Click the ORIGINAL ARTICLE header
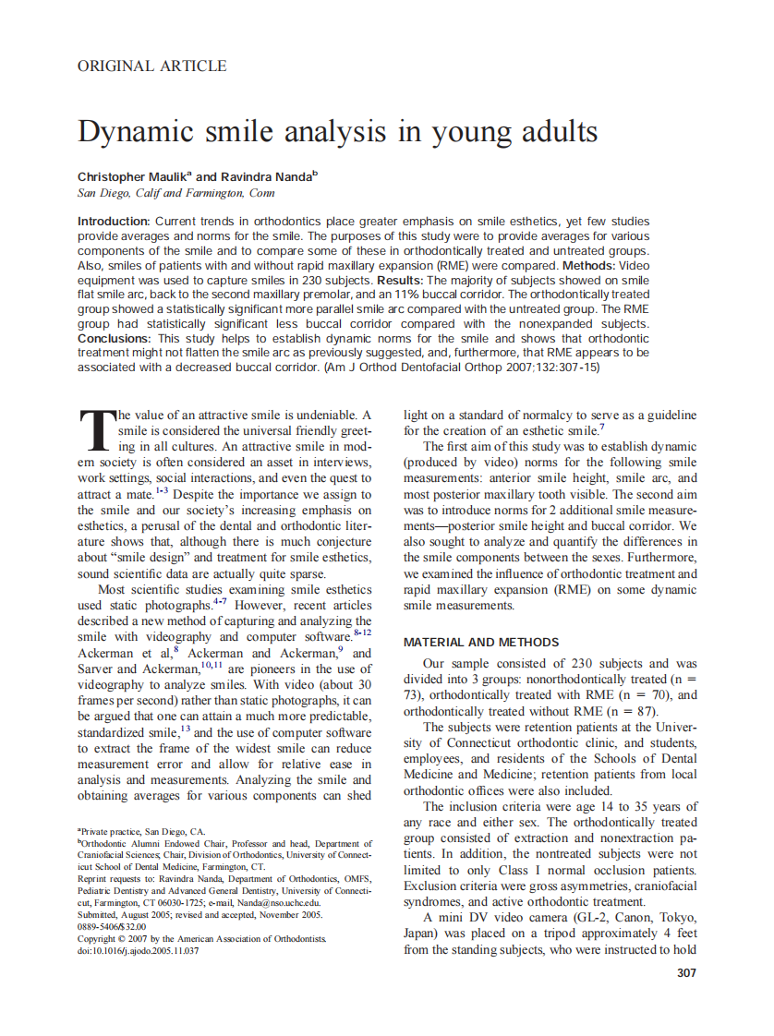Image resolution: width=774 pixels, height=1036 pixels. point(151,66)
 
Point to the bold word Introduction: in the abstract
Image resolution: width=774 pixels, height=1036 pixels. point(114,222)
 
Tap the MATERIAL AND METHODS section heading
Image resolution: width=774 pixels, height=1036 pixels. point(481,642)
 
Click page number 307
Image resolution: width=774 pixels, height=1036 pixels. point(685,972)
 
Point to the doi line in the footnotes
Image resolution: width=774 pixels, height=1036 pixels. point(138,950)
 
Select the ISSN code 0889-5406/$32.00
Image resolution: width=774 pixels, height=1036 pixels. point(112,926)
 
